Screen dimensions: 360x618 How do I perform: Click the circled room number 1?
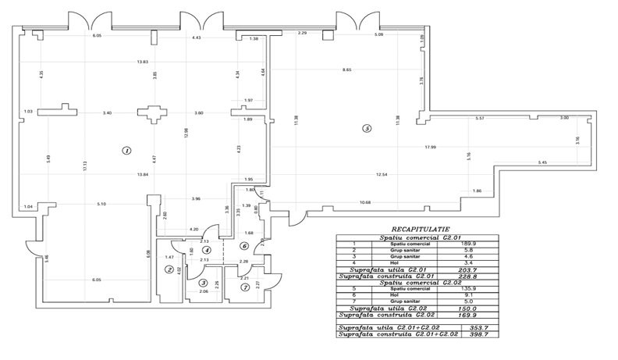126,149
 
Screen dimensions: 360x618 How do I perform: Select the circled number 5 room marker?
366,129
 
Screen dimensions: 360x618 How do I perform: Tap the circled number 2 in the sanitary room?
169,269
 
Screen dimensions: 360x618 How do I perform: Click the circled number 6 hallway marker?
244,246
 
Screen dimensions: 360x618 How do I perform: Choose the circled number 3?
204,283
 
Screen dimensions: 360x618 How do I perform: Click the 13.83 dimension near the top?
143,62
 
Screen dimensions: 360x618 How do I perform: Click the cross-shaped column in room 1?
150,115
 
